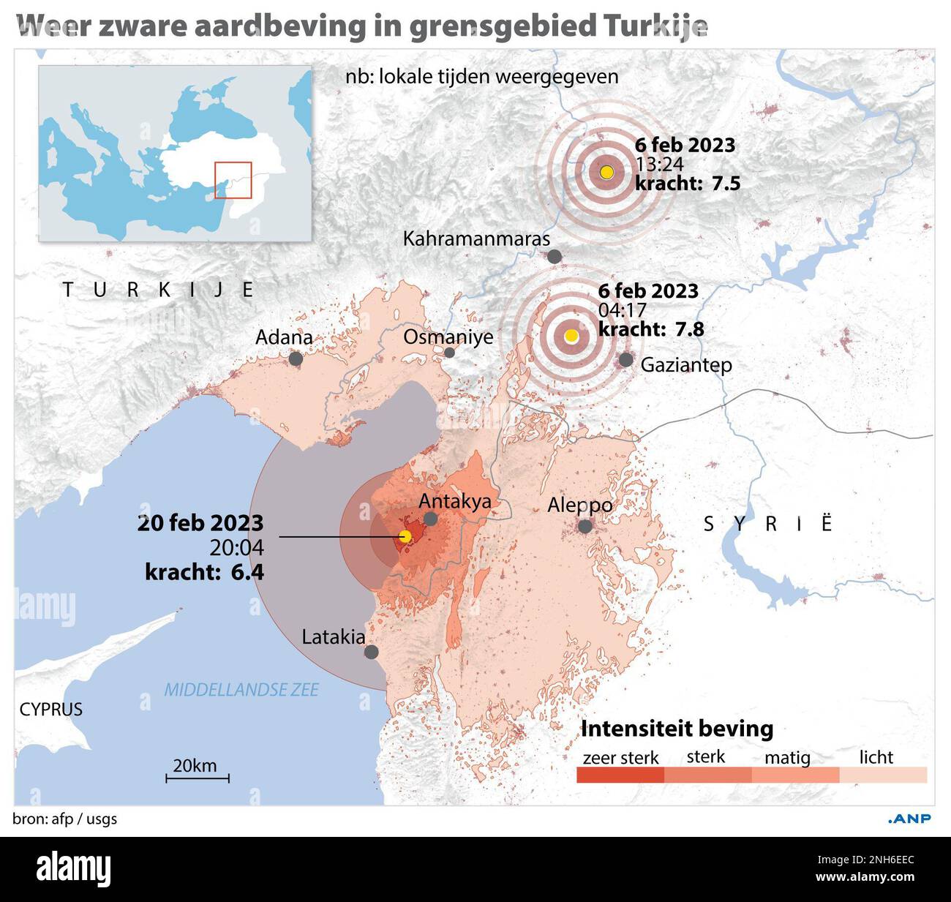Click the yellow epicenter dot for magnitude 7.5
(606, 173)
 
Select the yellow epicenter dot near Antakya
(405, 537)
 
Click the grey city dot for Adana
(296, 358)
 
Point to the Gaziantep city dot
(626, 359)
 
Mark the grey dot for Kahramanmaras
(555, 257)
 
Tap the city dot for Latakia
(372, 652)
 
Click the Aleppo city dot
(584, 526)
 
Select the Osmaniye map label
(448, 337)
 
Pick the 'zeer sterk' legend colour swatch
(620, 775)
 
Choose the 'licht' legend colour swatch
(883, 775)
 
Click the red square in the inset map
(233, 180)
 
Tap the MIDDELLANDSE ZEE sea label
(241, 690)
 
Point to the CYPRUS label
(50, 709)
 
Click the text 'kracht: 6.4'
(204, 571)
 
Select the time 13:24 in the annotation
(658, 164)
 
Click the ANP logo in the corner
(909, 819)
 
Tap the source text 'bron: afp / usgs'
(65, 819)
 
